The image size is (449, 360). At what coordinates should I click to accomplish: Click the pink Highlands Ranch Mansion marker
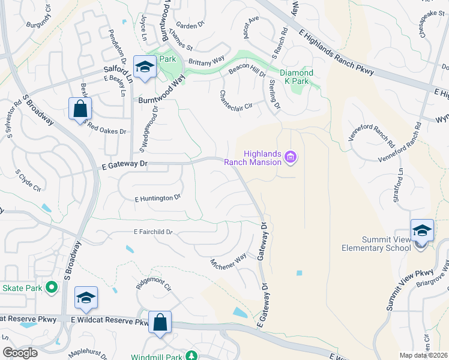pos(291,158)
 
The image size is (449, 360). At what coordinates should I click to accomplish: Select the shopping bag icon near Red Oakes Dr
pos(79,109)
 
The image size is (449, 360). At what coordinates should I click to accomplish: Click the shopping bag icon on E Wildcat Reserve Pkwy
pos(160,322)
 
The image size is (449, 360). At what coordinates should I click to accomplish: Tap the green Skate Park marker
pos(52,288)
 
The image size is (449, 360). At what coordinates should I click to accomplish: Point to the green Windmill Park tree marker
pos(191,355)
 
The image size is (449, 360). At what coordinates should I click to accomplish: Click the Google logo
pos(20,352)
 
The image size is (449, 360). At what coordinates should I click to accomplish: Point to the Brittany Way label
pos(206,59)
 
